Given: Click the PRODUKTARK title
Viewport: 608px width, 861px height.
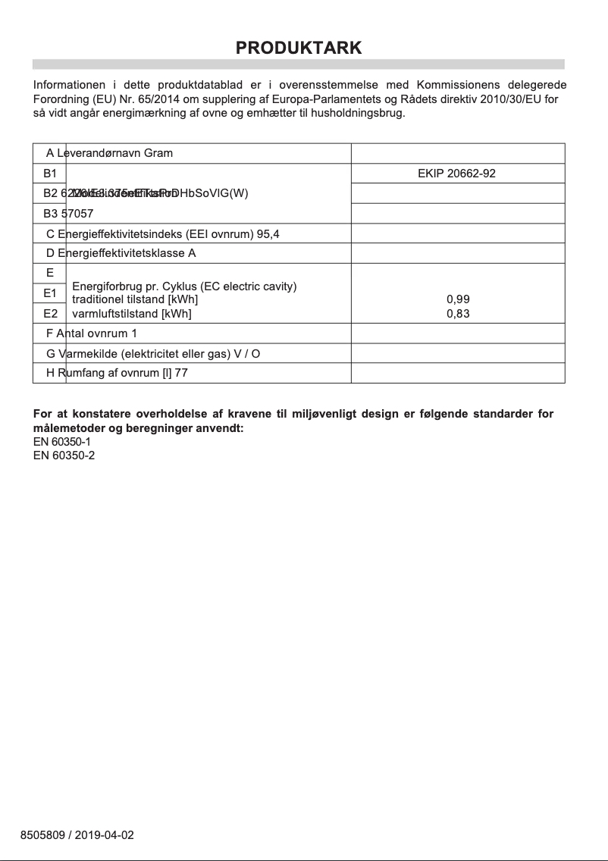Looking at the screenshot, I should point(299,48).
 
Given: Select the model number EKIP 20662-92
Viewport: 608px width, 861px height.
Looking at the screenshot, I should point(456,174).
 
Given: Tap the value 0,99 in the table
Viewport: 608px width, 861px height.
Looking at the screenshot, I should point(458,300).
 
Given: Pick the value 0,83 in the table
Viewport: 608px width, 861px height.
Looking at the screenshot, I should point(458,313).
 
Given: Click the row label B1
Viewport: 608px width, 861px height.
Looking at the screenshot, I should point(50,174).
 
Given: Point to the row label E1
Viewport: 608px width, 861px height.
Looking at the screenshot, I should point(50,293).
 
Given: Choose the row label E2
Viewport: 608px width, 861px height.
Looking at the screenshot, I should point(50,313).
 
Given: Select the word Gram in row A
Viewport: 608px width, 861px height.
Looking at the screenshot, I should point(158,153).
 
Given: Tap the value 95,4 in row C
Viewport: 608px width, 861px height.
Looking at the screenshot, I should point(268,234).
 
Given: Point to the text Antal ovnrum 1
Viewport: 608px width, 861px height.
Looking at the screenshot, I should point(96,333).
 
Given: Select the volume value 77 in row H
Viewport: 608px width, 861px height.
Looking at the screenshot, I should point(181,374).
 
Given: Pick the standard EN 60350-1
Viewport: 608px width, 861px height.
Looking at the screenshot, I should point(64,441).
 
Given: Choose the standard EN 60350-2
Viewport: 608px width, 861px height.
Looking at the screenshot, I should point(64,455).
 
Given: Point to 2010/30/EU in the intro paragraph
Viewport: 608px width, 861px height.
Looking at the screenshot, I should point(512,99).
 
